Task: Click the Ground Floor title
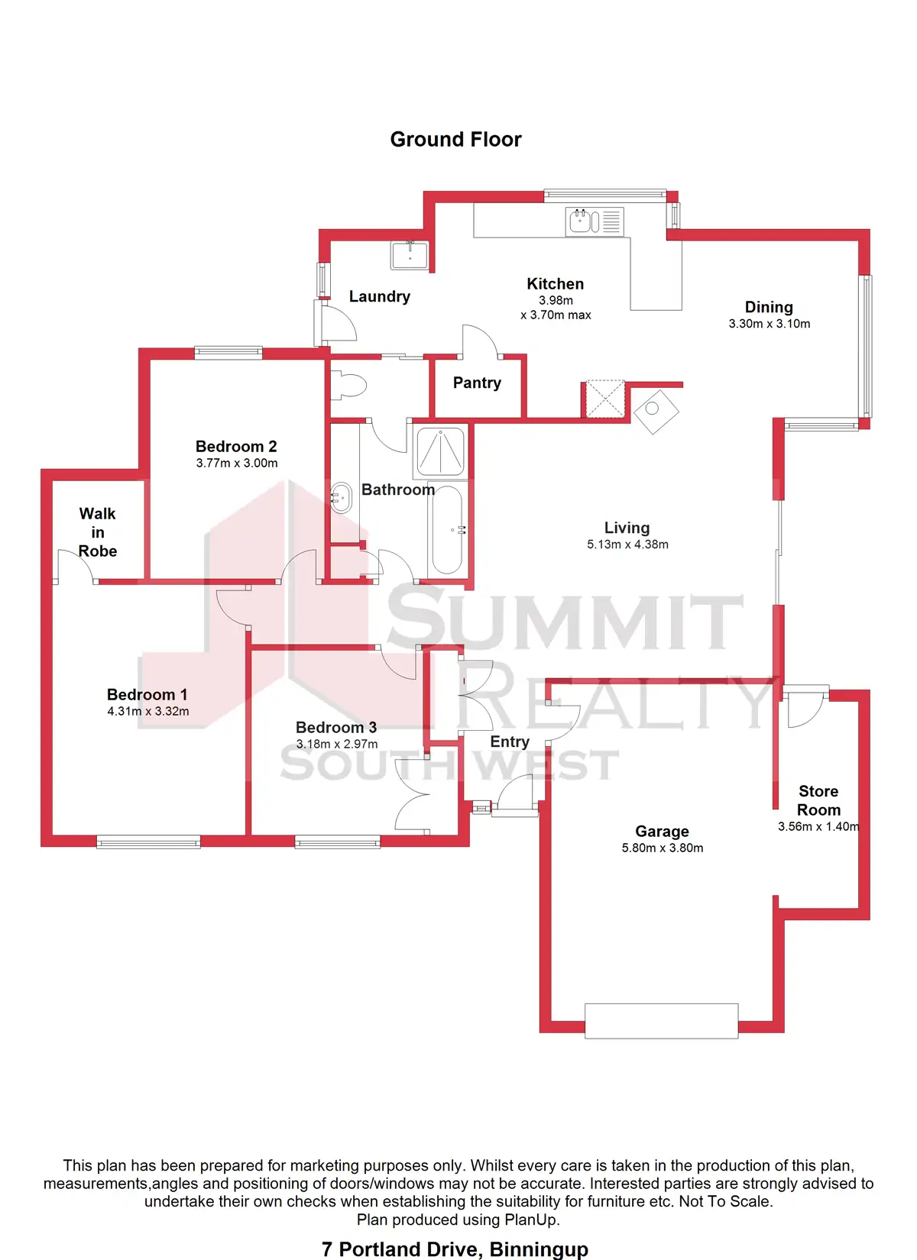coord(455,140)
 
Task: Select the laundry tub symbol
coord(410,255)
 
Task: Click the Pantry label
coord(477,383)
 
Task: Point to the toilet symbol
coord(351,386)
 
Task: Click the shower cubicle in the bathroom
coord(440,451)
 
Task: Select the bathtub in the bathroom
coord(447,529)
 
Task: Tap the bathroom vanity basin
coord(341,497)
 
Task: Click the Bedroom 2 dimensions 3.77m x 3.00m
coord(237,464)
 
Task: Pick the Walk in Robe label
coord(98,532)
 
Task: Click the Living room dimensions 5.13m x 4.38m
coord(627,544)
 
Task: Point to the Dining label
coord(769,307)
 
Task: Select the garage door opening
coord(661,1021)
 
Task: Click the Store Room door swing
coord(804,706)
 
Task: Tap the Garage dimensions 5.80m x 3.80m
coord(663,848)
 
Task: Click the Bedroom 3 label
coord(336,727)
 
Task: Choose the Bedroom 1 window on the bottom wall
coord(149,842)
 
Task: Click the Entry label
coord(510,741)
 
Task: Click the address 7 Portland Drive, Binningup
coord(455,1249)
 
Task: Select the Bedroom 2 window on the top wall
coord(228,352)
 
